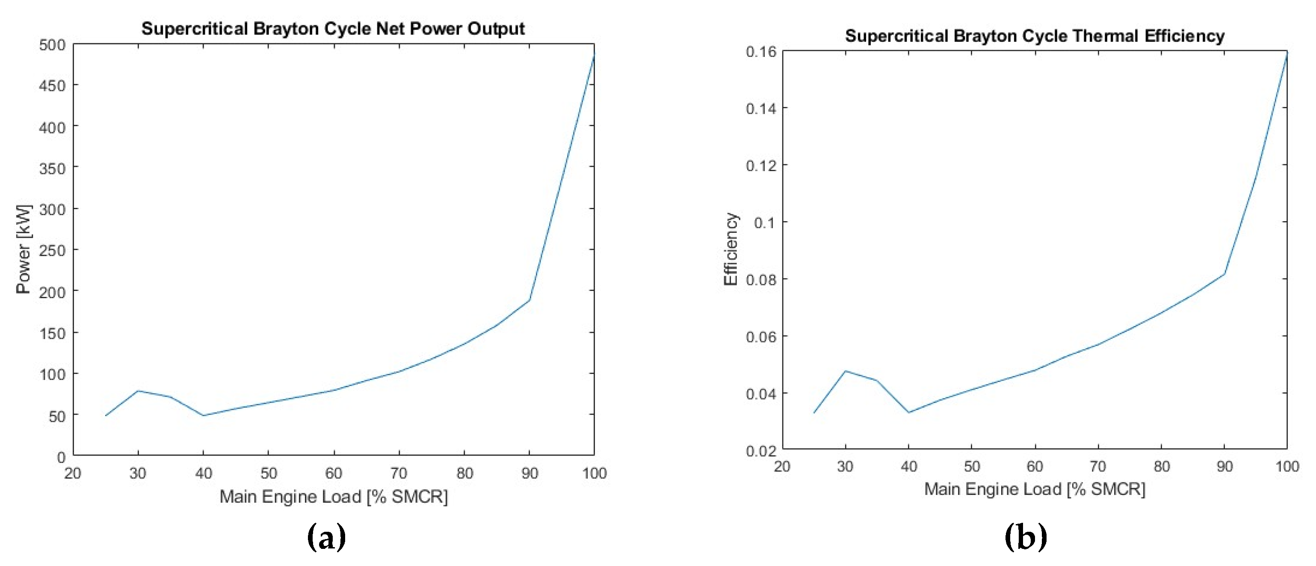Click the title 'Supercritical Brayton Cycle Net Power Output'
click(x=333, y=29)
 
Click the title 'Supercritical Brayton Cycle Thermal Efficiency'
click(x=1035, y=36)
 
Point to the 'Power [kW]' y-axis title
click(x=24, y=249)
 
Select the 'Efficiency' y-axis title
click(x=730, y=249)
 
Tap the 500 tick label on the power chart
click(x=53, y=45)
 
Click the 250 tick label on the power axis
click(x=53, y=251)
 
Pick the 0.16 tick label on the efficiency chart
click(x=761, y=52)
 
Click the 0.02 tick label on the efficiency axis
click(x=761, y=451)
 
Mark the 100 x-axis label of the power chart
click(x=594, y=474)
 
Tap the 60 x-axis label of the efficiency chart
click(x=1035, y=466)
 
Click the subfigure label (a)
click(x=326, y=538)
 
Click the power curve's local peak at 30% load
click(x=138, y=391)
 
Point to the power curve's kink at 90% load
click(x=529, y=300)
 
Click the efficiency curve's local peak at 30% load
click(x=846, y=371)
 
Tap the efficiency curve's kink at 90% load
click(x=1224, y=274)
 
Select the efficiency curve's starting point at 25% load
click(x=814, y=413)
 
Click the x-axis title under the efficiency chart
click(x=1035, y=489)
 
